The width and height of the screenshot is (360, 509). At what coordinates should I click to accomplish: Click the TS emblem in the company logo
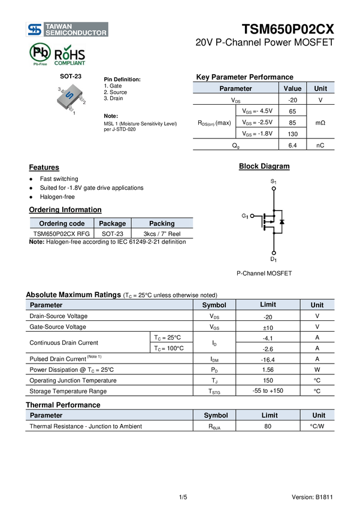point(35,29)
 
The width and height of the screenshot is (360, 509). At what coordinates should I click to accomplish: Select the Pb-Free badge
point(40,54)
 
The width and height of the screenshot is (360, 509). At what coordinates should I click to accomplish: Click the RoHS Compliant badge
point(69,54)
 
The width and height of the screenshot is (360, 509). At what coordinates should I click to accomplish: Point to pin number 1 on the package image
point(74,112)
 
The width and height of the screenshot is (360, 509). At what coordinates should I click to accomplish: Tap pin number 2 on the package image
point(84,102)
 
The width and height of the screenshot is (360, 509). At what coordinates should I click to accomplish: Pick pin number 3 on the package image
point(59,89)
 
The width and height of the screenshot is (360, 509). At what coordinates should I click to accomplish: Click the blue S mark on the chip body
point(69,96)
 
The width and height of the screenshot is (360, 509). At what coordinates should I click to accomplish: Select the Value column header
point(292,88)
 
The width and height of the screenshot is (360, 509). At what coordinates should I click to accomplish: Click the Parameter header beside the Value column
point(235,88)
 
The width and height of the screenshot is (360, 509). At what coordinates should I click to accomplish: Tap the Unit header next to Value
point(321,88)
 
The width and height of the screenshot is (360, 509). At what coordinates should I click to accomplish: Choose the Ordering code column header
point(62,223)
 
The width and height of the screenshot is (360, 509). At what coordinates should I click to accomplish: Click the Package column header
point(113,223)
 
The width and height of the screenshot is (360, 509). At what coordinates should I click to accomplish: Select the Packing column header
point(162,223)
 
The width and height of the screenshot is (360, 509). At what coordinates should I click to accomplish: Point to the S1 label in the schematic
point(273,181)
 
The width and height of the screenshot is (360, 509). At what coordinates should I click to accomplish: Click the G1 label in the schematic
point(244,216)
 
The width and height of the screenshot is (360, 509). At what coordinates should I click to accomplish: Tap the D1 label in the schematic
point(273,259)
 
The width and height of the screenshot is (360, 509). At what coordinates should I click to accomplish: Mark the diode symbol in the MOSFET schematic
point(282,222)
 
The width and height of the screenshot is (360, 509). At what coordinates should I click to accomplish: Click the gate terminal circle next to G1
point(252,216)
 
